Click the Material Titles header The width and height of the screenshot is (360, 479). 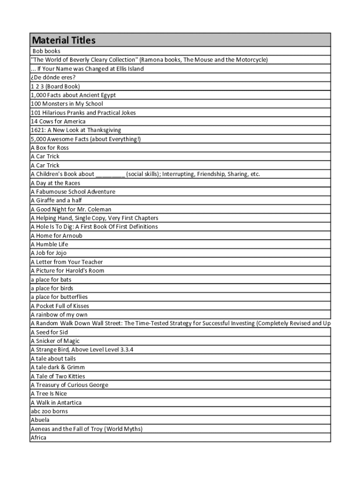(x=63, y=40)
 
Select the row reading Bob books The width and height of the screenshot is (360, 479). (x=46, y=51)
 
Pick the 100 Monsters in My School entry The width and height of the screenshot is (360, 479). (x=67, y=104)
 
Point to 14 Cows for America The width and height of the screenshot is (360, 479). (x=58, y=121)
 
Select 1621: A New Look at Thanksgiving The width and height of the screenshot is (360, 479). (x=76, y=130)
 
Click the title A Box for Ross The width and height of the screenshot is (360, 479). (x=50, y=148)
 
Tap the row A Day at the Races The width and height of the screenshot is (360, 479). (x=55, y=183)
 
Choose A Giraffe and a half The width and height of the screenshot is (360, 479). (x=56, y=200)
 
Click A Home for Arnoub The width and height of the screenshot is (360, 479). (x=56, y=236)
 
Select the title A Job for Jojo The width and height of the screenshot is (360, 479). (x=49, y=253)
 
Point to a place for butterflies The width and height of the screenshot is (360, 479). (x=59, y=297)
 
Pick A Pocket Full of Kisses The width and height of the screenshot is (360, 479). (x=60, y=306)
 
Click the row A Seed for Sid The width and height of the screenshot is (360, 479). (x=49, y=332)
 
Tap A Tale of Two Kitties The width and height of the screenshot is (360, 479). (x=58, y=376)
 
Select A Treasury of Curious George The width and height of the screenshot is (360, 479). (x=69, y=385)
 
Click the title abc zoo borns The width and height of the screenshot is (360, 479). (x=49, y=411)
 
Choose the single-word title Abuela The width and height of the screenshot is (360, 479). (x=40, y=420)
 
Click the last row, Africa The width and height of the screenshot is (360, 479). (x=38, y=438)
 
